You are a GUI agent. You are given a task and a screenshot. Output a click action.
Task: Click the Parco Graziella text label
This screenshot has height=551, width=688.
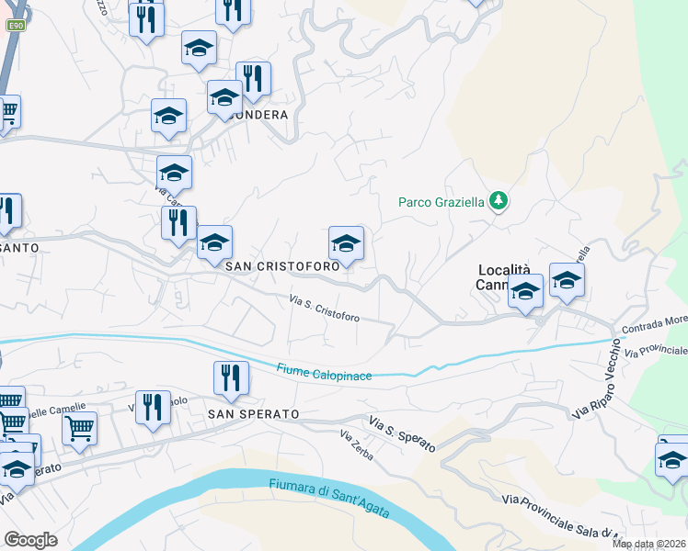[x=441, y=202]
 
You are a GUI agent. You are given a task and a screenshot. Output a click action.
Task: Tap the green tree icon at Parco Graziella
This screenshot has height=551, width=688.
[x=498, y=200]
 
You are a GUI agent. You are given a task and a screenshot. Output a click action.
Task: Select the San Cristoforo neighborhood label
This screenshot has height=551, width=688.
[x=282, y=265]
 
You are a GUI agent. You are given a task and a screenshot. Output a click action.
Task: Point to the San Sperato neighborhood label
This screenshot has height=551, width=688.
[x=253, y=414]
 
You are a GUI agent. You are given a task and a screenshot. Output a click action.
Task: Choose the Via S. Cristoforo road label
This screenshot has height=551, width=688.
[x=324, y=308]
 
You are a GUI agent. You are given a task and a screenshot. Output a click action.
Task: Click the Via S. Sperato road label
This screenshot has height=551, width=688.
[x=402, y=433]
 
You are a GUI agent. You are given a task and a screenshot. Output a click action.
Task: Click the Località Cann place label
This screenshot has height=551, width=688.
[x=504, y=276]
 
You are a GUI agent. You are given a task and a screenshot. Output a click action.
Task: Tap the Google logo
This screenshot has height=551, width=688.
[x=30, y=539]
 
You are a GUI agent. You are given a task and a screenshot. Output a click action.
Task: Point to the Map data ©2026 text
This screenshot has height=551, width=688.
[x=649, y=544]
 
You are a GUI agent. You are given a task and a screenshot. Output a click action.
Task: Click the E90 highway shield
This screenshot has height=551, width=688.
[x=16, y=26]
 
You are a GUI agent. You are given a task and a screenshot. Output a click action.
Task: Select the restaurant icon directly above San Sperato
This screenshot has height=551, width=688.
[x=230, y=377]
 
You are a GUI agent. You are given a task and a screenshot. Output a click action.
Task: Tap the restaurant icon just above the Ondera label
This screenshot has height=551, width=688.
[x=252, y=78]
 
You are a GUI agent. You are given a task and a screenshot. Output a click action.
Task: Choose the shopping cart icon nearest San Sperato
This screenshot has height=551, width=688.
[x=79, y=426]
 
